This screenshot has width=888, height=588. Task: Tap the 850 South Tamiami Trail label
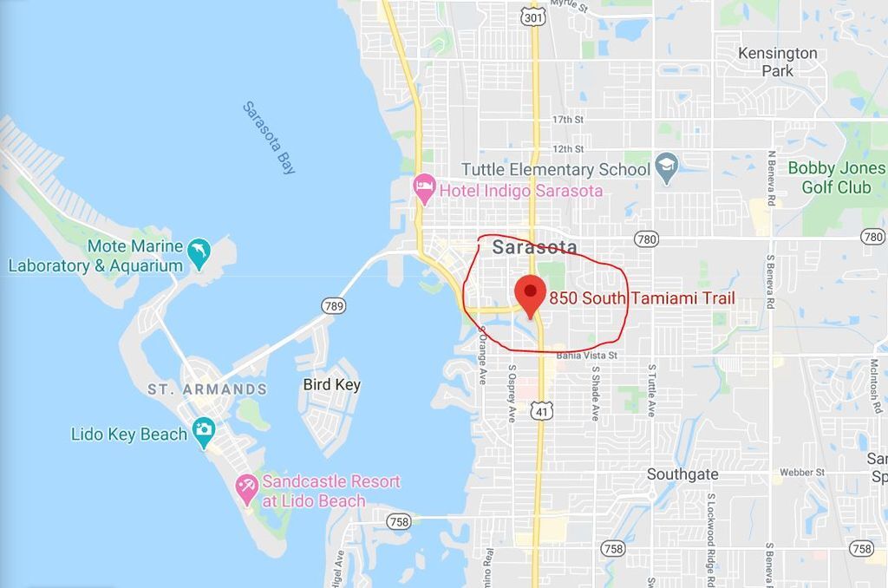tap(642, 298)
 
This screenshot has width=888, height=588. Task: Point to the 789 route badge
tap(334, 305)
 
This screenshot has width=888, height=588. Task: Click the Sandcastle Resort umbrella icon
tap(247, 489)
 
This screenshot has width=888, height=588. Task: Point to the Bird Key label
tap(331, 384)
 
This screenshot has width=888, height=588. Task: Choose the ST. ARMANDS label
tap(207, 389)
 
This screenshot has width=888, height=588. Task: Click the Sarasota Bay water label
tap(269, 138)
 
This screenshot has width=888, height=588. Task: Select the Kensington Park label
tap(777, 62)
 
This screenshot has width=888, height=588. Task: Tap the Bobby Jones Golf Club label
tap(836, 177)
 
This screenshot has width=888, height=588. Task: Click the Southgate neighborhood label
tap(682, 474)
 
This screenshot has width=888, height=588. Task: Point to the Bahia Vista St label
tap(587, 356)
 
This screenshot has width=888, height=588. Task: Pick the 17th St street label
tap(568, 120)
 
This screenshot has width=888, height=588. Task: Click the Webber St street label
tap(801, 473)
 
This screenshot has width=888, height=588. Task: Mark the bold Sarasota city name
tap(534, 247)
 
